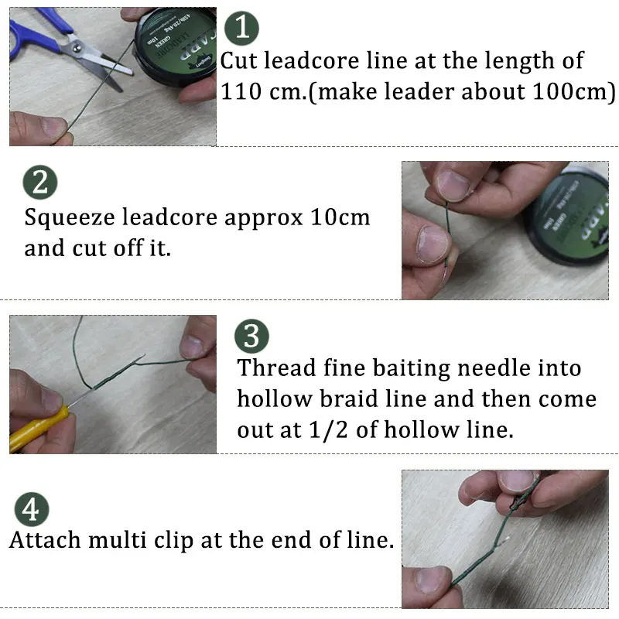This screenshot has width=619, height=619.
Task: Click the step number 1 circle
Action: click(x=241, y=29)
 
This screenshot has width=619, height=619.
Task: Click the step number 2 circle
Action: click(x=40, y=183)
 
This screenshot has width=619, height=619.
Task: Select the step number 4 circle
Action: click(x=31, y=510)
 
